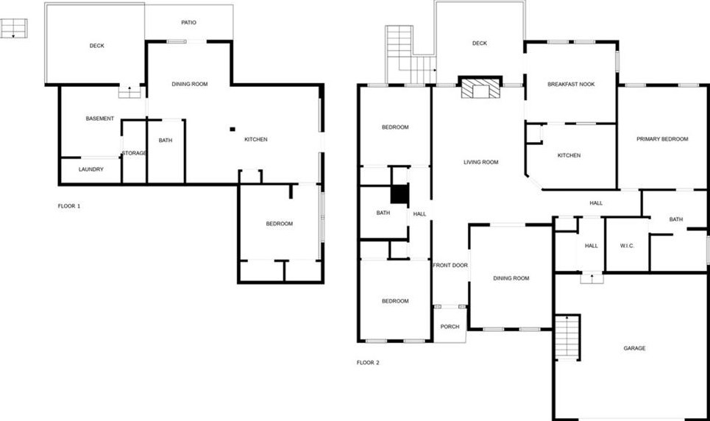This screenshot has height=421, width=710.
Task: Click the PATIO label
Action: point(189,23)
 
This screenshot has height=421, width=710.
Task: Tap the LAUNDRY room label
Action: point(90,169)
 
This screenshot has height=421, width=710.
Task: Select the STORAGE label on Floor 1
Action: point(135,153)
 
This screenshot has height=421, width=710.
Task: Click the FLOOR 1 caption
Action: point(69,206)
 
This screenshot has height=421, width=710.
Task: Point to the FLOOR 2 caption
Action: point(368,363)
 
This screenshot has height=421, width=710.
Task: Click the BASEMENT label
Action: point(99,118)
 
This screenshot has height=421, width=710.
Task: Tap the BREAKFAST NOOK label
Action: point(571,84)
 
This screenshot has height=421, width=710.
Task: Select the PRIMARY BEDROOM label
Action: point(662,139)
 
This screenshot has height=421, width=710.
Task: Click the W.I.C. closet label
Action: point(627,246)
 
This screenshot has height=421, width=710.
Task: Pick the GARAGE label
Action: point(634,348)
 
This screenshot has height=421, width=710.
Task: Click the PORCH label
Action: point(450,327)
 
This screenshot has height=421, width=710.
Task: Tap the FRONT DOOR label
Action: point(450,266)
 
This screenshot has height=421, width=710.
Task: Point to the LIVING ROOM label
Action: point(481,163)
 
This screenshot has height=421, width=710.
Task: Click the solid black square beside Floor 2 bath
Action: point(399,194)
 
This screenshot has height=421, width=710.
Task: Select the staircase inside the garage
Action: point(567,338)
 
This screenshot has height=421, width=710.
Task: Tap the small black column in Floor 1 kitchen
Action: point(232,128)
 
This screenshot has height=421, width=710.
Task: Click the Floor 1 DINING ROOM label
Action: point(190,85)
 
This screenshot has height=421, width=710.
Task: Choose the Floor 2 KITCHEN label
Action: point(569,155)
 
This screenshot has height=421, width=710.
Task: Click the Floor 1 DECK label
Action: point(97,46)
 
